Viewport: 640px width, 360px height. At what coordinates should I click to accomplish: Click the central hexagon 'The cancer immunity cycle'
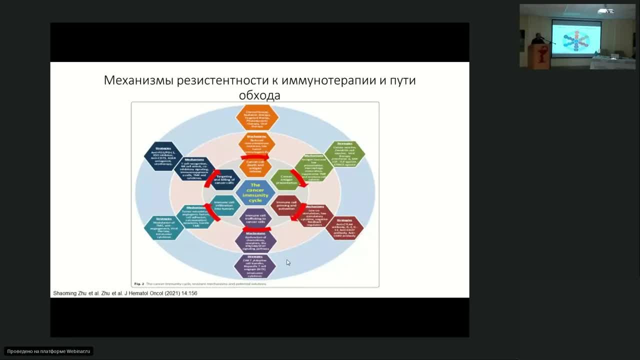click(255, 192)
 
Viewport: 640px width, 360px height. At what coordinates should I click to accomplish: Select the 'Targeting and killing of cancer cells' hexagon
click(223, 180)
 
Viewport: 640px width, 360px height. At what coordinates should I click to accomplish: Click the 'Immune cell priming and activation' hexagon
click(286, 205)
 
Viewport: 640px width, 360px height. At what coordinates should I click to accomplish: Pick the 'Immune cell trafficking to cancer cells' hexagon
click(255, 218)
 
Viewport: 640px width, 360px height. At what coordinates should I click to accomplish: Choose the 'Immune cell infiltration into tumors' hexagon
click(224, 205)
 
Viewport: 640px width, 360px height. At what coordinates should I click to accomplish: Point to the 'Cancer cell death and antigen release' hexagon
click(255, 167)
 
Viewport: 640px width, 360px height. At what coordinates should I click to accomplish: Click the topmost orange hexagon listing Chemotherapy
click(257, 116)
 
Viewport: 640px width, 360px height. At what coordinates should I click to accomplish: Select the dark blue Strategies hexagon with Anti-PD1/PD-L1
click(163, 156)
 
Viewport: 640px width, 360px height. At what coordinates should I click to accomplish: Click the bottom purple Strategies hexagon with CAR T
click(255, 266)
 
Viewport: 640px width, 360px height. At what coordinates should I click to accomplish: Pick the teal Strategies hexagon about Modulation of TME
click(164, 227)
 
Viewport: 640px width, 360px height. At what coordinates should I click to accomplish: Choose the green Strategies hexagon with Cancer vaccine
click(344, 154)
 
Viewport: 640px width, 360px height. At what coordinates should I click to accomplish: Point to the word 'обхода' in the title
click(259, 95)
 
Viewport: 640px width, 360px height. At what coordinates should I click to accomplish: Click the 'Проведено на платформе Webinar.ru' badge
click(49, 351)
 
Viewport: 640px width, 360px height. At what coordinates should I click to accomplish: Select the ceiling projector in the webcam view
click(605, 10)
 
